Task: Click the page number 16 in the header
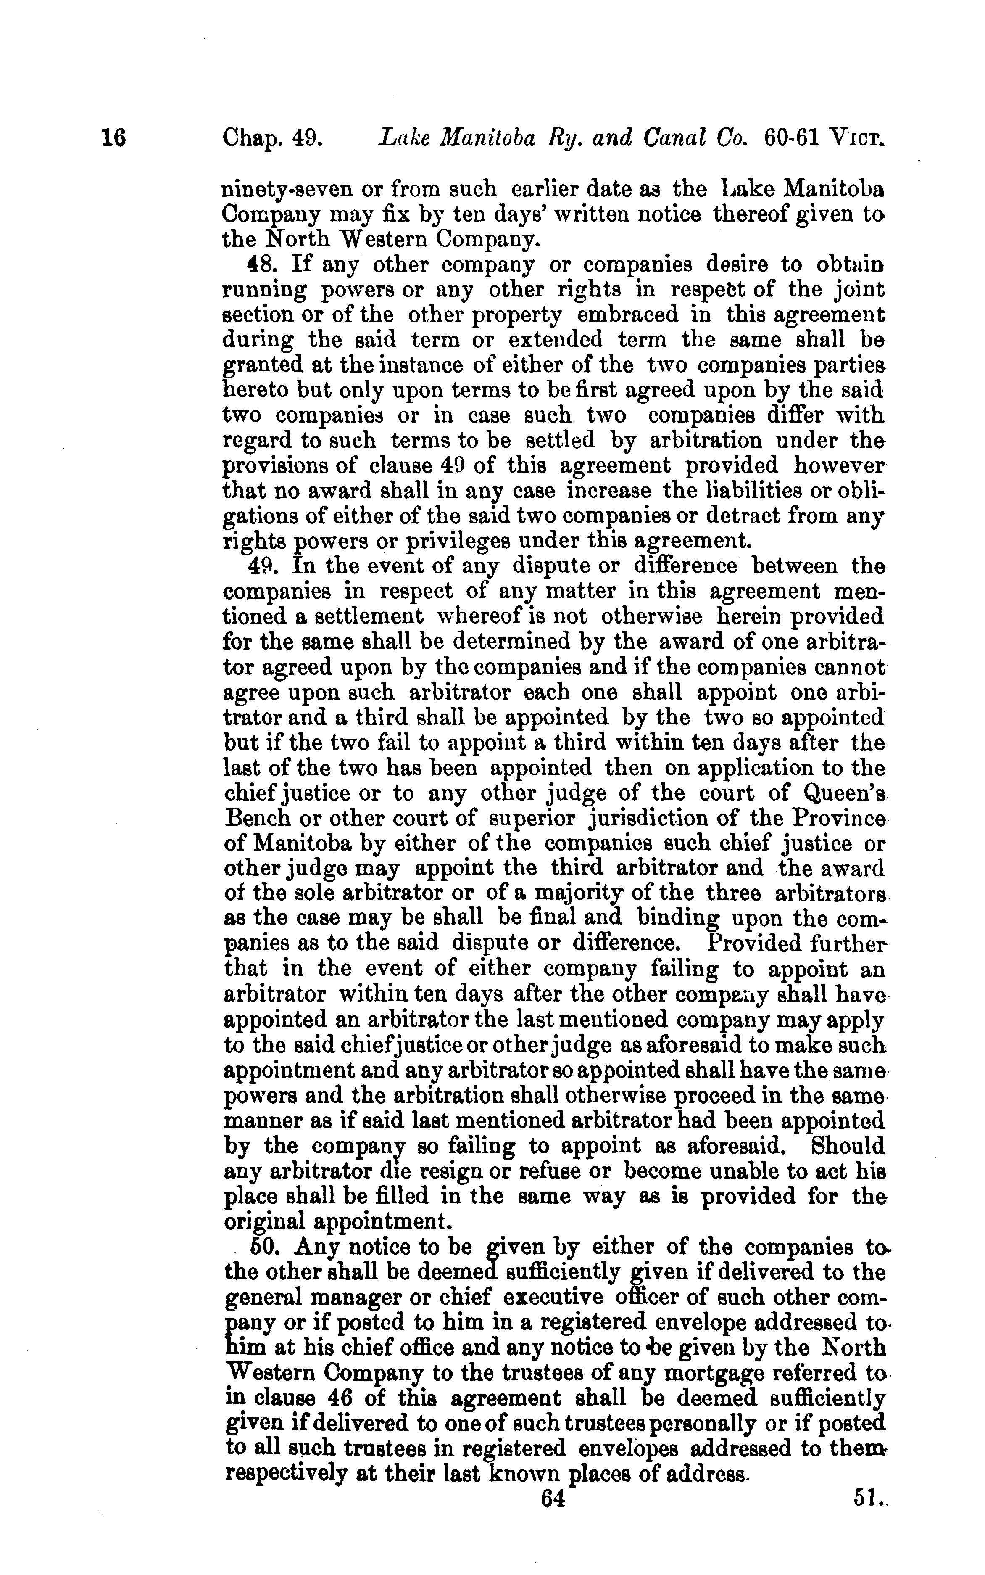113,139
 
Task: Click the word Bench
254,819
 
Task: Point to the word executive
572,1297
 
